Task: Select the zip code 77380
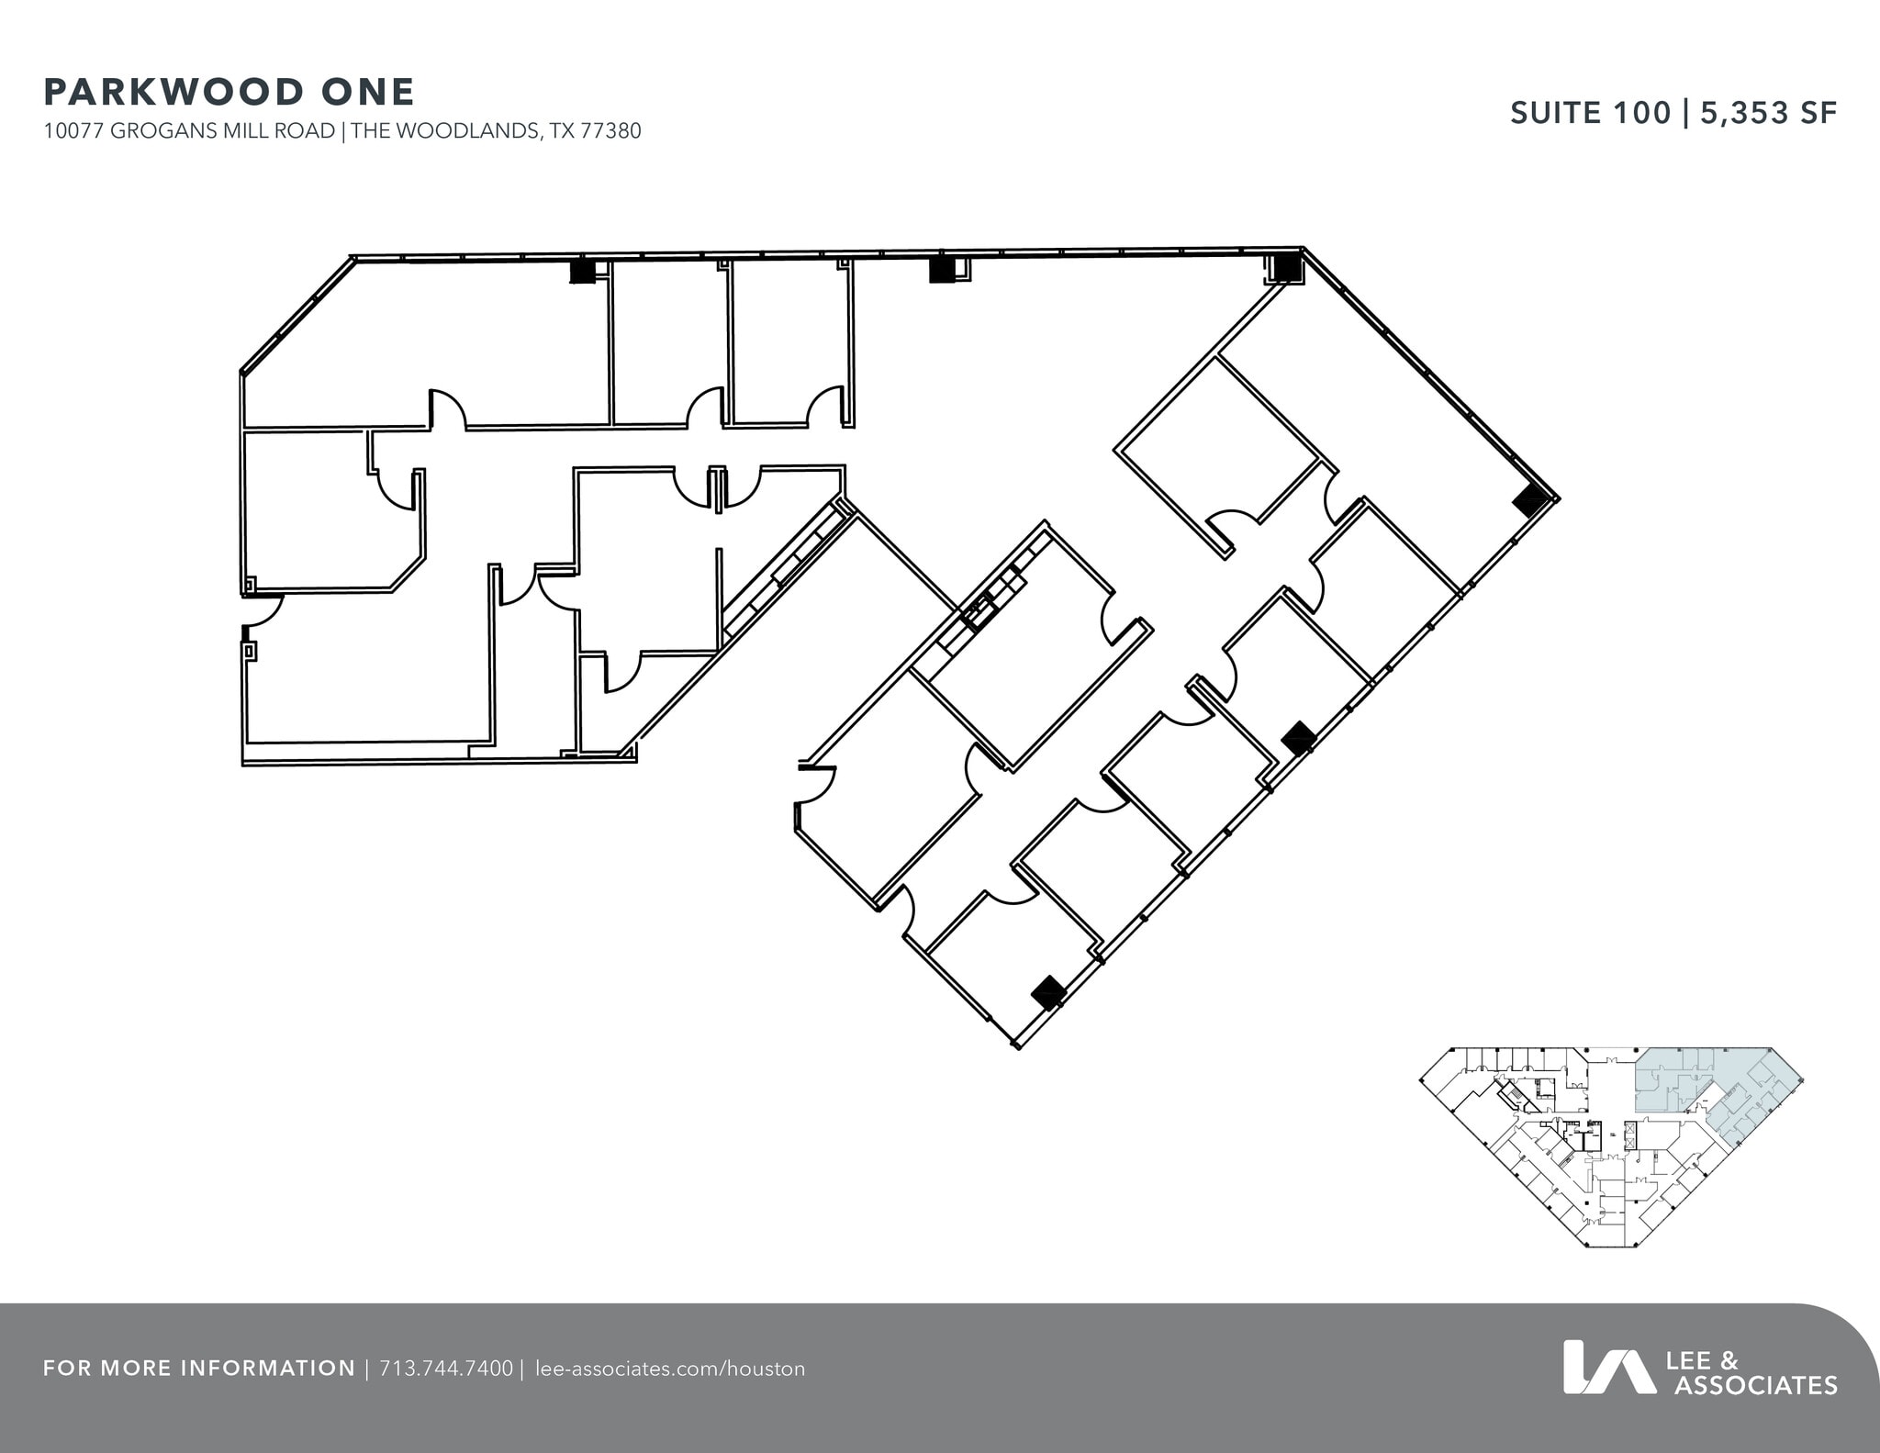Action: [610, 131]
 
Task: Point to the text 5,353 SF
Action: [1769, 113]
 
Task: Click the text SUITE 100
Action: [1591, 113]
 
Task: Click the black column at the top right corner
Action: [1285, 266]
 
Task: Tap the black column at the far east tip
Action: [1530, 501]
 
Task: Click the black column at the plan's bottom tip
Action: [1048, 992]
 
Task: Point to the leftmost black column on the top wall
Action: [583, 271]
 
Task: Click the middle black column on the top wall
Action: [942, 270]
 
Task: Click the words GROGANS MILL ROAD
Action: [223, 131]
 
